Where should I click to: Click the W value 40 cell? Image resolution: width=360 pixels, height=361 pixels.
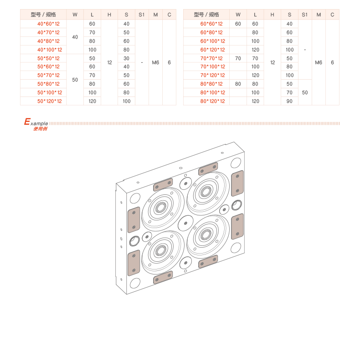pyautogui.click(x=75, y=37)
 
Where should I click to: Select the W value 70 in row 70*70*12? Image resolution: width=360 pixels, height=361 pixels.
pyautogui.click(x=238, y=58)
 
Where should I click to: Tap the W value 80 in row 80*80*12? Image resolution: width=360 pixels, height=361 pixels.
pyautogui.click(x=238, y=84)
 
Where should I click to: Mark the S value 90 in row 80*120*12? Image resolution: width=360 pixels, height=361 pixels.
pyautogui.click(x=289, y=101)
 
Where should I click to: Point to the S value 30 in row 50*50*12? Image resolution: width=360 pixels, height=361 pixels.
pyautogui.click(x=126, y=58)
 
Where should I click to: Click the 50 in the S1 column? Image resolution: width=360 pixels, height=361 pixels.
pyautogui.click(x=304, y=92)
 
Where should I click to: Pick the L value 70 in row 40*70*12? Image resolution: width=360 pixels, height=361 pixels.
pyautogui.click(x=93, y=32)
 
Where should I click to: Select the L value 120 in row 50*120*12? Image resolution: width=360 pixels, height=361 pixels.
pyautogui.click(x=93, y=101)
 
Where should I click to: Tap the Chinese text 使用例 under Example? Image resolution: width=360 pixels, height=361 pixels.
pyautogui.click(x=40, y=129)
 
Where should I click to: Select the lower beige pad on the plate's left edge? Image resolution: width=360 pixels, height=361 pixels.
pyautogui.click(x=134, y=263)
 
